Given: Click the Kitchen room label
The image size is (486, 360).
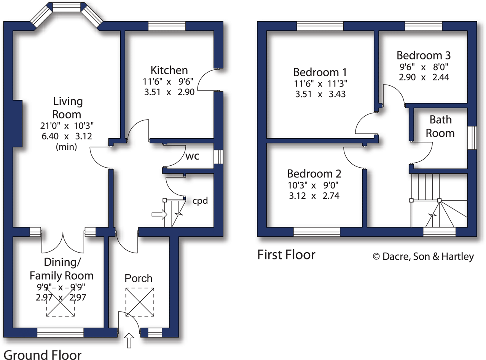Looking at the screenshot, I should coord(169,70).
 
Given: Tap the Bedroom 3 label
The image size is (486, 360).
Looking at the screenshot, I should coord(423,55).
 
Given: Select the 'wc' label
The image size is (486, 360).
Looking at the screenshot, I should coord(193,156).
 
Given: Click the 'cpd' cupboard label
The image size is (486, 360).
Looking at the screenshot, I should coord(200,201).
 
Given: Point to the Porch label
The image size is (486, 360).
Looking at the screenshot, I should coord(139,278).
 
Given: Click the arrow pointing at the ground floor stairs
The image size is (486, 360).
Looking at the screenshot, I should coord(159,215).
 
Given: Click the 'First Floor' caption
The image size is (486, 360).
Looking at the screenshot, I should coord(286,254).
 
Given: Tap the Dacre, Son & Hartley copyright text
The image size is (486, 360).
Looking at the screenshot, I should coord(423,257).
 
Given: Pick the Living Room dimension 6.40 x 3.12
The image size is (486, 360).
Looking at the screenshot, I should coord(67,136).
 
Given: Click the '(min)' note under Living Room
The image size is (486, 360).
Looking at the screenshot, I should coord(67,147).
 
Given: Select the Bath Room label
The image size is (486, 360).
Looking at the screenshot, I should coord(440,126).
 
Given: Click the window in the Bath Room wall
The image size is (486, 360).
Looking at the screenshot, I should coord(472,137).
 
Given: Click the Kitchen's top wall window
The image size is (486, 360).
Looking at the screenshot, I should coord(166,26).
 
